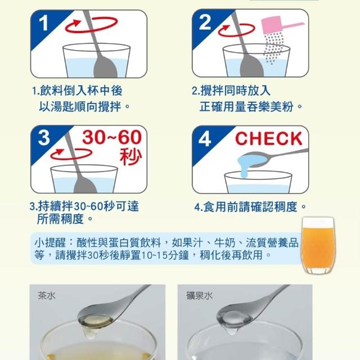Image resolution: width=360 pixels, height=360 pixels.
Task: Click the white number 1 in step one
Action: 44,23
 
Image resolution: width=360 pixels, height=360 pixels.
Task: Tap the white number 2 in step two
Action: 205,22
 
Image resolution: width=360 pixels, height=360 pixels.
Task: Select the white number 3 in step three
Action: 44,138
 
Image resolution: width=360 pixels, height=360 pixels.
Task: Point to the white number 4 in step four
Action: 205,139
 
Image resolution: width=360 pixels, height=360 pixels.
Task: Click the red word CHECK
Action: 269,138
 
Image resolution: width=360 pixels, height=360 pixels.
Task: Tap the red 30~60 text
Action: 112,137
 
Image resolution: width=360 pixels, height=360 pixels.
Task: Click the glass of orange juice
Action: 318,245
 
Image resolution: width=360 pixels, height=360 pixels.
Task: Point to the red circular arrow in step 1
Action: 91,31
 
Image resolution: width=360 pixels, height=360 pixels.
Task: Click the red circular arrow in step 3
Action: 71,158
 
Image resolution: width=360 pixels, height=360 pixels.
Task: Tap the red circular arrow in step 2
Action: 236,35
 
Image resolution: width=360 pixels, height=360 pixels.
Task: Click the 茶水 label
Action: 47,295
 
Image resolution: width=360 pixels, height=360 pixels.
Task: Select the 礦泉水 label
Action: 199,296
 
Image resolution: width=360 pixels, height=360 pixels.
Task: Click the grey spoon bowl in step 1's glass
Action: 105,66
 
